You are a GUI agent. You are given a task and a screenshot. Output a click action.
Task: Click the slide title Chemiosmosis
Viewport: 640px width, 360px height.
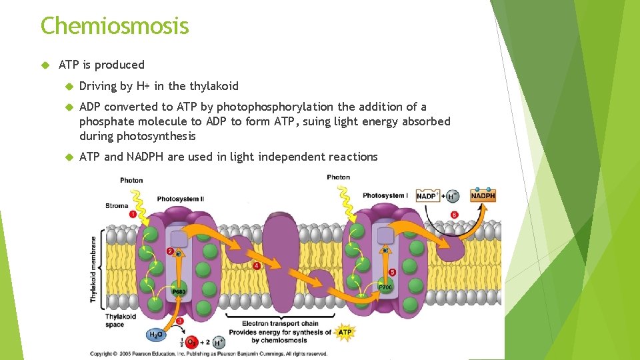pyautogui.click(x=115, y=26)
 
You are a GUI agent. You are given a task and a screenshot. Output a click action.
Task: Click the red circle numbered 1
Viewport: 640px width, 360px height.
pyautogui.click(x=132, y=214)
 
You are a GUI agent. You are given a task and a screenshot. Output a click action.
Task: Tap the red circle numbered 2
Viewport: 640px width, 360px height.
pyautogui.click(x=170, y=251)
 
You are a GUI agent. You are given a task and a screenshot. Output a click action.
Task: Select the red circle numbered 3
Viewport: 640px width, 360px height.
pyautogui.click(x=179, y=321)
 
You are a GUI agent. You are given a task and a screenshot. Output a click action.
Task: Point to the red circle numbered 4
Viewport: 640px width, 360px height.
pyautogui.click(x=257, y=265)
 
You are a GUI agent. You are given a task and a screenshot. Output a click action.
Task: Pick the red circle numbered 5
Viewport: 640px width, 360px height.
pyautogui.click(x=391, y=272)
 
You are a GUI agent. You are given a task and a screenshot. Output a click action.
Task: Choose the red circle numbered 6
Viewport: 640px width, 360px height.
pyautogui.click(x=454, y=215)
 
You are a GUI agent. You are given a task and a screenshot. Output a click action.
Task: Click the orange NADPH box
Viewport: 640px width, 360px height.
pyautogui.click(x=483, y=195)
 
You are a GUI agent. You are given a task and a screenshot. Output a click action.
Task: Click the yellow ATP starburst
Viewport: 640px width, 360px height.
pyautogui.click(x=345, y=331)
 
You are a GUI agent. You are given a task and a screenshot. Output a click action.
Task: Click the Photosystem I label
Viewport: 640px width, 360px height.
pyautogui.click(x=386, y=195)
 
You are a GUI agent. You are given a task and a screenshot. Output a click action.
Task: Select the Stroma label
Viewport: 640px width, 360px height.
pyautogui.click(x=116, y=206)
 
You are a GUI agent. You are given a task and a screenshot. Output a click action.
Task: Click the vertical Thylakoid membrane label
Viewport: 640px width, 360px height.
pyautogui.click(x=93, y=268)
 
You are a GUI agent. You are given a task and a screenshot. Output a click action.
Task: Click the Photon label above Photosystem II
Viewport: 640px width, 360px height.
pyautogui.click(x=131, y=180)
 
